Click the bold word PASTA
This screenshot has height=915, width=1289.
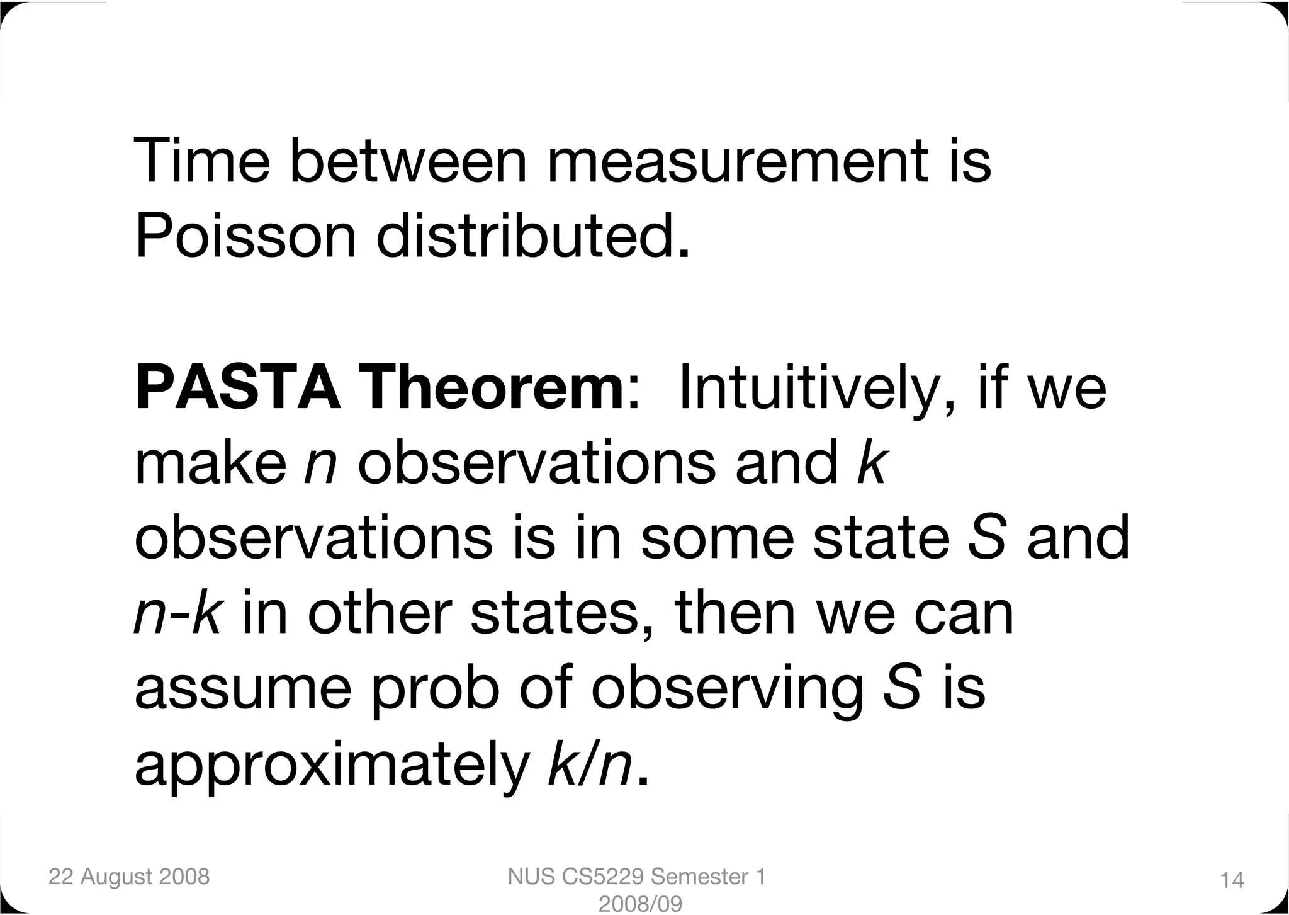click(238, 389)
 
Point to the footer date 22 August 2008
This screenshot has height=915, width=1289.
click(129, 877)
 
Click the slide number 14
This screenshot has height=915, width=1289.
click(1232, 880)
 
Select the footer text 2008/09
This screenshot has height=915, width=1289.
click(639, 904)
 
